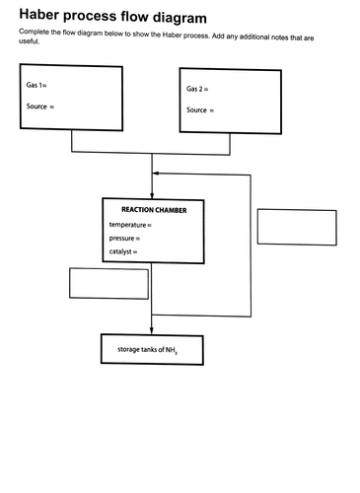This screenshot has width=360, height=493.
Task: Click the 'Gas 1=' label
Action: [37, 87]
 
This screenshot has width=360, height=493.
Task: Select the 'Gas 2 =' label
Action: [197, 90]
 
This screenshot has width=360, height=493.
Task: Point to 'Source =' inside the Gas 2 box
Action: [200, 109]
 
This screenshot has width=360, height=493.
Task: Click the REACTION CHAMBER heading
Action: [154, 210]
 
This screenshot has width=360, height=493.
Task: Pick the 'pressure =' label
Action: [125, 239]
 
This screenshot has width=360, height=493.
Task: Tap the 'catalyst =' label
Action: [123, 252]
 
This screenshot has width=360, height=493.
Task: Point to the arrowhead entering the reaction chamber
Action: [152, 195]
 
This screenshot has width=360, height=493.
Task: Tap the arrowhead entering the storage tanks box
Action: [152, 330]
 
